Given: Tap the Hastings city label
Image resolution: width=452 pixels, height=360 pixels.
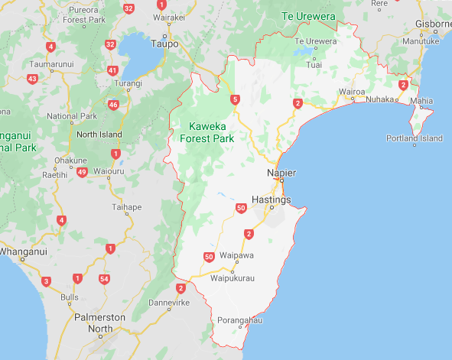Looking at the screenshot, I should [x=272, y=199].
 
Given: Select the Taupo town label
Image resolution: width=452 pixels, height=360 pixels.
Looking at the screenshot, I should [x=164, y=44].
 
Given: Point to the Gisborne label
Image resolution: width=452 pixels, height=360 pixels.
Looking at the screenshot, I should [x=433, y=24].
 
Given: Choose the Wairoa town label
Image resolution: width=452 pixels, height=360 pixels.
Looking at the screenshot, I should [x=352, y=92].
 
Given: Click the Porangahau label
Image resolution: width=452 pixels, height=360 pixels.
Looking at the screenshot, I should [x=239, y=319].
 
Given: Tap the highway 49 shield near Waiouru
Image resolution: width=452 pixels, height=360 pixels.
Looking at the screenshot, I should [x=82, y=172].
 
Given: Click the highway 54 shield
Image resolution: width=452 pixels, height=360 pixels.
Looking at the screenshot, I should [x=104, y=279].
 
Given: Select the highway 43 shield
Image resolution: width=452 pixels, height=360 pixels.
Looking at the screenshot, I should [x=32, y=78].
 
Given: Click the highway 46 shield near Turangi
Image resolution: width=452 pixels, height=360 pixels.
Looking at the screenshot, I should [x=113, y=105].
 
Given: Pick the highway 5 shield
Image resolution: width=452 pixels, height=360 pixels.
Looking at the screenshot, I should [x=235, y=99].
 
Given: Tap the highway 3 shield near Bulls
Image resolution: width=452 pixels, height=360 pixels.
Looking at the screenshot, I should [x=46, y=282].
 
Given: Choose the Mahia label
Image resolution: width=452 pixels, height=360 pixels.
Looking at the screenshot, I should [x=421, y=101].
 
